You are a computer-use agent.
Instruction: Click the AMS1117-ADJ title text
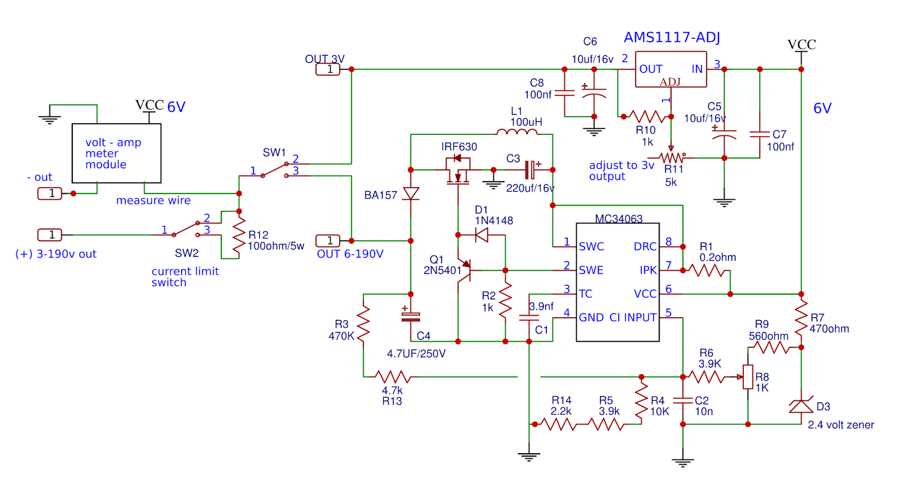pyautogui.click(x=672, y=37)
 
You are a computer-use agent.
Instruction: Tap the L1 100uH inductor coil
pyautogui.click(x=517, y=132)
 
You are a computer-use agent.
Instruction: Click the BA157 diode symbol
pyautogui.click(x=411, y=194)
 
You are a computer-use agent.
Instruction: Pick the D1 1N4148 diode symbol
pyautogui.click(x=482, y=235)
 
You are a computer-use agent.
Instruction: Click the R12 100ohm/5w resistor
pyautogui.click(x=239, y=235)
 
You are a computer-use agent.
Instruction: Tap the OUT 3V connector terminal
pyautogui.click(x=328, y=69)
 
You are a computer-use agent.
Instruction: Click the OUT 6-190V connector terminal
pyautogui.click(x=328, y=241)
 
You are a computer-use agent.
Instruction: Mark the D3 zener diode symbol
pyautogui.click(x=801, y=405)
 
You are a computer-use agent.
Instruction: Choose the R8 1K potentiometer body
pyautogui.click(x=748, y=377)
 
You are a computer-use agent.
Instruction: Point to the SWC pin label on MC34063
pyautogui.click(x=591, y=247)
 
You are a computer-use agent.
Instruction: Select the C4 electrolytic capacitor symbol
pyautogui.click(x=411, y=316)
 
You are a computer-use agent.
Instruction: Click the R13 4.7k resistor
pyautogui.click(x=393, y=377)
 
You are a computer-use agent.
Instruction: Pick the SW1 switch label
pyautogui.click(x=274, y=153)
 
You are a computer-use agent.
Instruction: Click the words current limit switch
pyautogui.click(x=185, y=277)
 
